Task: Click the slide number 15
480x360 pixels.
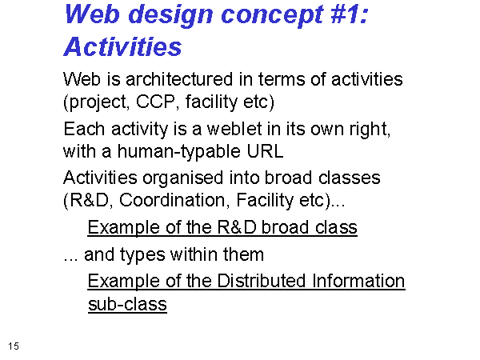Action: pos(14,346)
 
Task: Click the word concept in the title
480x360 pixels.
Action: pos(272,15)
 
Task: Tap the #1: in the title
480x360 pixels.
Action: pos(349,14)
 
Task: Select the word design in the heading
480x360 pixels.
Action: pos(170,15)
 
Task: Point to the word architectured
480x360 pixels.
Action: pos(179,79)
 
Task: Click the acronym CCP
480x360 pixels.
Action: pos(156,102)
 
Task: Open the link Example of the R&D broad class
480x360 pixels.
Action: pos(222,227)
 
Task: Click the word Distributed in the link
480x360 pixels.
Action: pos(262,281)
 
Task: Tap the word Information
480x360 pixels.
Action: pos(358,281)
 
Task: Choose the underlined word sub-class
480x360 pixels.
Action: pos(127,304)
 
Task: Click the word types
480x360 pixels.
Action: pos(142,255)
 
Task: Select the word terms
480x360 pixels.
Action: pos(282,79)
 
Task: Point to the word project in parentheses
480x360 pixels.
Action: pos(97,102)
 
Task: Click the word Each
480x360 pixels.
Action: pos(84,129)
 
